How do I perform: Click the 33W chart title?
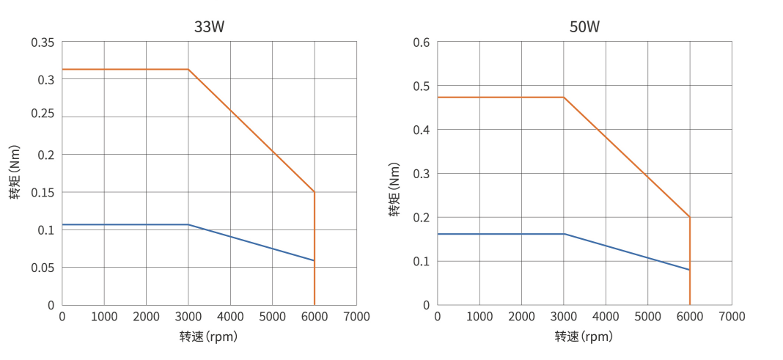coord(209,27)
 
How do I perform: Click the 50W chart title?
coord(584,27)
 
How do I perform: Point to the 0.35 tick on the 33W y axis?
coord(43,42)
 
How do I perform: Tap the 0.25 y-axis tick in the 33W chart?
coord(43,117)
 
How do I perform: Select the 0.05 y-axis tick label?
coord(43,268)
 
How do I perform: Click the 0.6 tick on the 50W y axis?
coord(421,42)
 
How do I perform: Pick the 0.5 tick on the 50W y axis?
coord(421,86)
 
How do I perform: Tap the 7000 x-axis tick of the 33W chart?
coord(356,316)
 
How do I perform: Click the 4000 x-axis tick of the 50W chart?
coord(606,316)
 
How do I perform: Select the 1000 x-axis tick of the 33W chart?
coord(104,316)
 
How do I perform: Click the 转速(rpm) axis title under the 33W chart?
coord(208,337)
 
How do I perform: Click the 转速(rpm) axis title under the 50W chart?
coord(584,337)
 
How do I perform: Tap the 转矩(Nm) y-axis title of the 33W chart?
coord(15,172)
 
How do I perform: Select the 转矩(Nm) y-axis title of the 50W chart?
coord(394,191)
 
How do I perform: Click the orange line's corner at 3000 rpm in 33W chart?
coord(188,69)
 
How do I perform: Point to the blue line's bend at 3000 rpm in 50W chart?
coord(564,234)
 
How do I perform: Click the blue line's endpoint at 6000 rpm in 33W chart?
coord(314,260)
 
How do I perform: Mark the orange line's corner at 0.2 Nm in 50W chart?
coord(689,217)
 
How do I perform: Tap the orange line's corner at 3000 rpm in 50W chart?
coord(564,97)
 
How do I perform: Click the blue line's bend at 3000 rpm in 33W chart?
coord(188,224)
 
